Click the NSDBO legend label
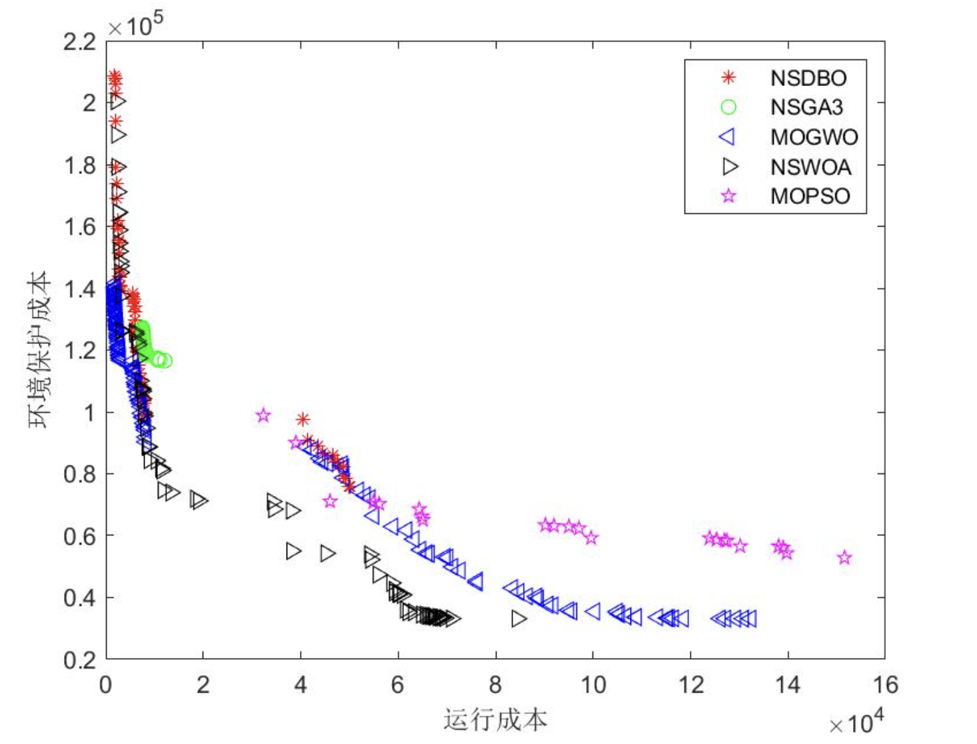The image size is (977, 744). [x=808, y=78]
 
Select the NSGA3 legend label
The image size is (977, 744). [x=806, y=107]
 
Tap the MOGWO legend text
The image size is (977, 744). [x=814, y=137]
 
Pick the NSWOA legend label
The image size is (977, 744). [x=810, y=167]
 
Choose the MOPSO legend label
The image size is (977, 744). [x=810, y=196]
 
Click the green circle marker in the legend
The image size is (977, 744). [x=728, y=107]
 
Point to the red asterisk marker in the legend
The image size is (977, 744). [x=728, y=78]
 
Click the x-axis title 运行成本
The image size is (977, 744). [x=495, y=720]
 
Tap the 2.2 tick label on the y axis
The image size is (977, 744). [x=80, y=42]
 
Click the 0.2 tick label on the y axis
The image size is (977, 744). [x=80, y=660]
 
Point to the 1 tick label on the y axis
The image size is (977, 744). [x=89, y=413]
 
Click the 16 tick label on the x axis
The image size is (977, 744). [x=885, y=685]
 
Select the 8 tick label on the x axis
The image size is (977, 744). [x=495, y=685]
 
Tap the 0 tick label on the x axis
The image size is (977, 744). [x=106, y=685]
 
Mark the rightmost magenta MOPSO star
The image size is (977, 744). [x=844, y=557]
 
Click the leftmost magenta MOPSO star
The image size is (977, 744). [x=263, y=415]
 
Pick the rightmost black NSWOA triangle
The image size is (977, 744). [x=519, y=619]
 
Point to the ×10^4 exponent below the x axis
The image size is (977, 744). [x=856, y=722]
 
